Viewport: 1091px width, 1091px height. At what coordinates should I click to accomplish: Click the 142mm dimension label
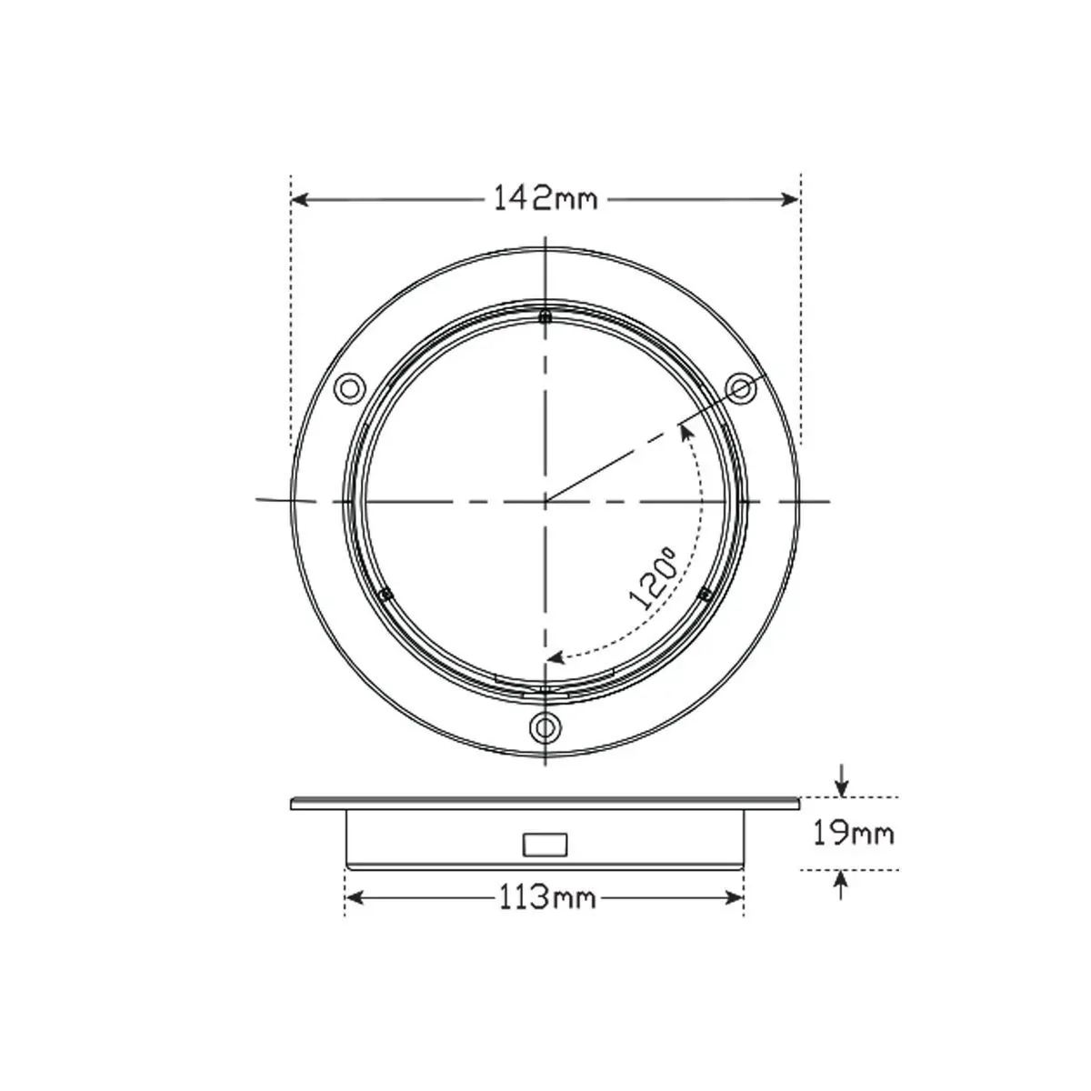click(545, 199)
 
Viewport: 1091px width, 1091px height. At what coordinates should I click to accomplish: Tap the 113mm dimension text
click(547, 897)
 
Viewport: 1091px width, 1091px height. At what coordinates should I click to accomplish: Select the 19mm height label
click(853, 833)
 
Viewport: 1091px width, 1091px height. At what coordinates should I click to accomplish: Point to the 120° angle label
click(653, 577)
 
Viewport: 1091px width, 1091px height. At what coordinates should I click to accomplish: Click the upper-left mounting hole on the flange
click(349, 388)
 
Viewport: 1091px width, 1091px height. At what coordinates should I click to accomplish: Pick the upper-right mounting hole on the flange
click(741, 388)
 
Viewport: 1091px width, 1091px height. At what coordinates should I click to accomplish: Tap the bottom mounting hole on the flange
click(545, 726)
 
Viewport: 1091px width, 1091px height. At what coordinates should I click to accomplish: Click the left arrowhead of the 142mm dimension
click(300, 199)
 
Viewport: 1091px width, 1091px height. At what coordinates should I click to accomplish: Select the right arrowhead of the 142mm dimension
click(789, 199)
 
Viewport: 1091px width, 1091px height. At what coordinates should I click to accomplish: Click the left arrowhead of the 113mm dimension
click(355, 897)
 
